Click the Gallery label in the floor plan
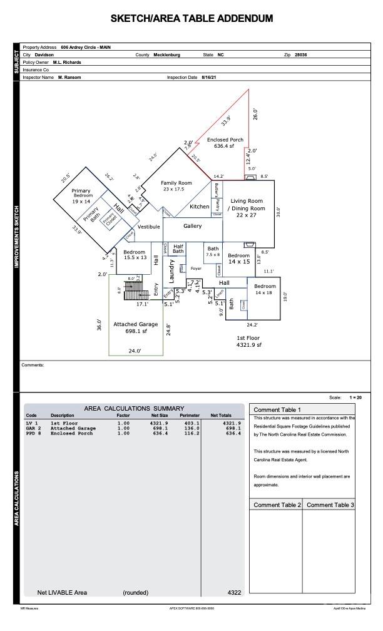192,226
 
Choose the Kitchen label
200,207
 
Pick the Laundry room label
171,271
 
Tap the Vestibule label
149,227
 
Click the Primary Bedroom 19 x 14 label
81,196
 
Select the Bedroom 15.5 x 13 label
135,254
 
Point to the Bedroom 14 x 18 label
264,289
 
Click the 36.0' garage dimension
99,325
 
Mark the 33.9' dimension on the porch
225,120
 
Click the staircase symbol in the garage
133,290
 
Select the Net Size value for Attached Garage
159,428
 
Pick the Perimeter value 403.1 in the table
190,423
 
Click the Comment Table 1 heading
272,409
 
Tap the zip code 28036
300,55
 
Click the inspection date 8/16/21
209,77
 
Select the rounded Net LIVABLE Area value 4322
234,592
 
